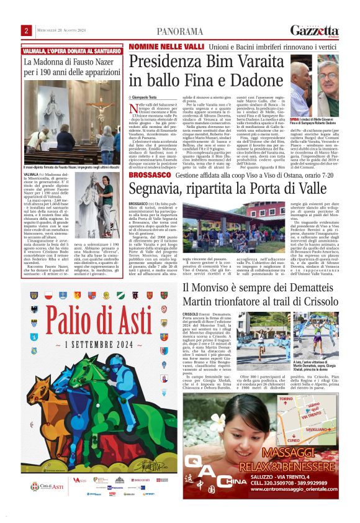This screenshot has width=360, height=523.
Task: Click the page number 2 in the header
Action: [x=27, y=30]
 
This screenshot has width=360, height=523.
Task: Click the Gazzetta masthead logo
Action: [x=314, y=30]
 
